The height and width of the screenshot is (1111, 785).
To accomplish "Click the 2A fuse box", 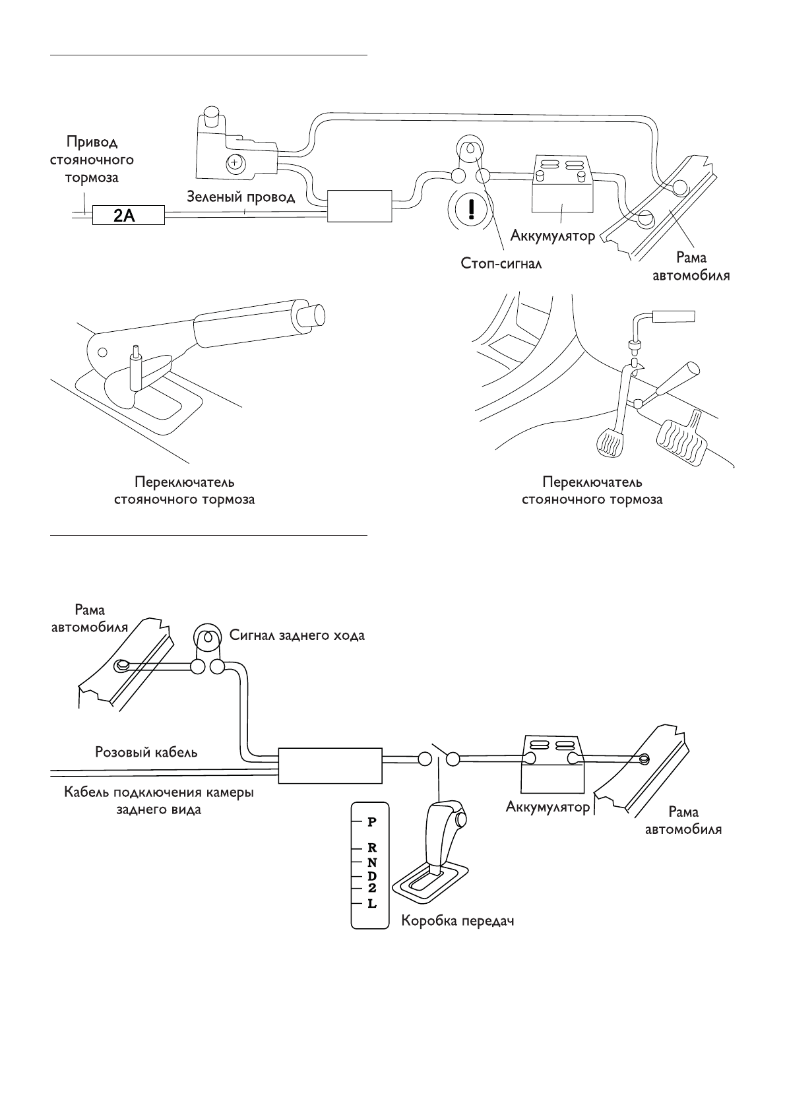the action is (129, 215).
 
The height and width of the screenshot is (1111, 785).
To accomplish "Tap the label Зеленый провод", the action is (241, 197).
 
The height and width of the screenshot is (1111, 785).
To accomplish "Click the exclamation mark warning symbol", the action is (472, 209).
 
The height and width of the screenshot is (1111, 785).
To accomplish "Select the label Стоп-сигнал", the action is (501, 263).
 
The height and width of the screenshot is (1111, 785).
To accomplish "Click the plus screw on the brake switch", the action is (235, 162).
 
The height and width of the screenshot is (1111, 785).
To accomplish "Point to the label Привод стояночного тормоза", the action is (92, 160).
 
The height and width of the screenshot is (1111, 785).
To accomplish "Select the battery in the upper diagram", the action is (562, 186).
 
